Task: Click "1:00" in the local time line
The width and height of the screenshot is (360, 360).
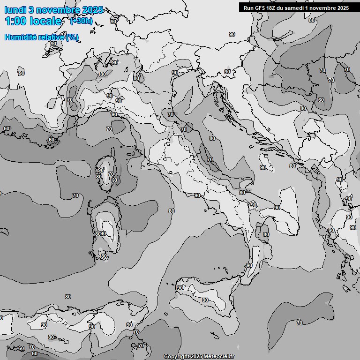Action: click(x=15, y=21)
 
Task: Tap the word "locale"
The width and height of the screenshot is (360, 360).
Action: click(x=46, y=21)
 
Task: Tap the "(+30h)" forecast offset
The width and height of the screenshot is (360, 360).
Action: click(x=81, y=21)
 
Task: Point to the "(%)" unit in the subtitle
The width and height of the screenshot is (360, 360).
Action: click(x=72, y=37)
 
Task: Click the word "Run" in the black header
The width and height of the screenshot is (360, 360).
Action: click(x=248, y=8)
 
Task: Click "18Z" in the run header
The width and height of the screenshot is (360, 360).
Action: click(x=271, y=8)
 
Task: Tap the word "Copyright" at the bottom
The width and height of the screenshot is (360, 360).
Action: click(x=177, y=356)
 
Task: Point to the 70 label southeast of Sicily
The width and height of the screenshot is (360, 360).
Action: click(x=299, y=322)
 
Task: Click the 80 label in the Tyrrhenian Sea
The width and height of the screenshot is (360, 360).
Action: click(x=172, y=211)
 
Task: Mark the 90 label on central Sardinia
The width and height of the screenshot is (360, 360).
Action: click(x=104, y=233)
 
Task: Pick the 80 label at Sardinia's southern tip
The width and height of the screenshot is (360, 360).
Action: click(x=104, y=256)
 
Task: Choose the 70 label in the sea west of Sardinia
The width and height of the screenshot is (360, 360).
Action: click(x=75, y=195)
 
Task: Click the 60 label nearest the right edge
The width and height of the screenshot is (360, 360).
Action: click(x=321, y=100)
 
